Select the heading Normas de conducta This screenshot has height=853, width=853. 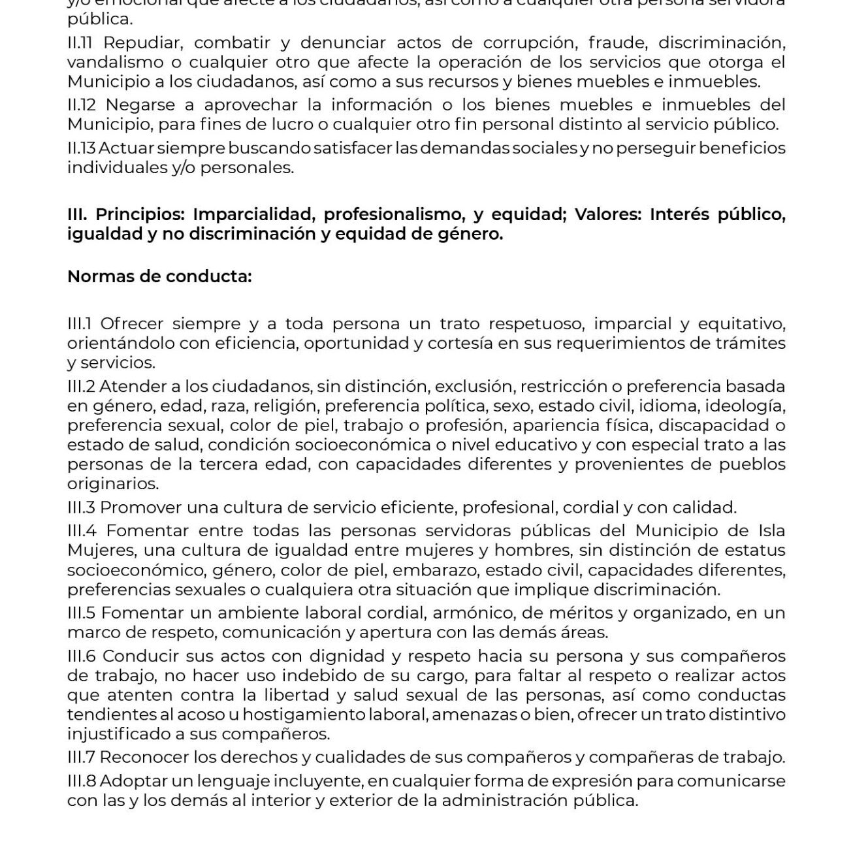pos(159,277)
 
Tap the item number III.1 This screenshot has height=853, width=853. pos(81,324)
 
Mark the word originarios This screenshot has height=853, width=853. pos(112,484)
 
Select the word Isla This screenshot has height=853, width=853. pos(771,531)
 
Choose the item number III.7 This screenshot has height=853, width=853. pos(82,758)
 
